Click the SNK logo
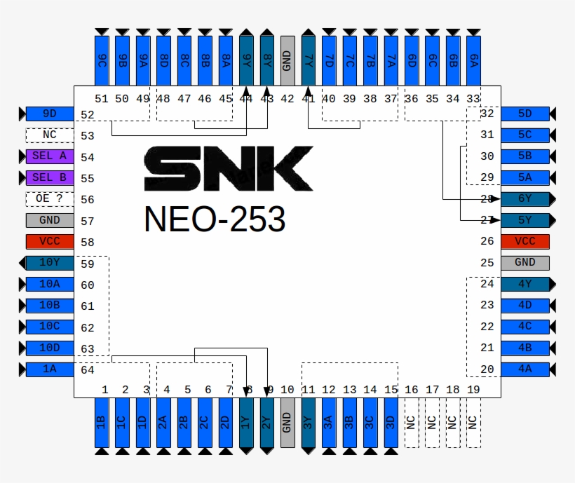(x=229, y=168)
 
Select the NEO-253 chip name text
(x=215, y=219)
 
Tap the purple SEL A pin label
(x=50, y=156)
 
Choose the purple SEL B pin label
(x=50, y=178)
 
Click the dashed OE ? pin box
(x=50, y=199)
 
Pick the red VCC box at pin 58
(x=50, y=242)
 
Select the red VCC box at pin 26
(x=525, y=242)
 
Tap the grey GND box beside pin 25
(x=525, y=263)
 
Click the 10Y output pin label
(x=50, y=264)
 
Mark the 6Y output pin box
(x=525, y=199)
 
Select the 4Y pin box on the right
(x=525, y=284)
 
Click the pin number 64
(x=87, y=370)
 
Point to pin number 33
(x=473, y=99)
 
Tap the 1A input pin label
(x=50, y=370)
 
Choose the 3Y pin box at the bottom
(x=308, y=422)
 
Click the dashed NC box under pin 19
(x=473, y=422)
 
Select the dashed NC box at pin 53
(x=50, y=135)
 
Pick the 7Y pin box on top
(x=308, y=60)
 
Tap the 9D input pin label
(x=50, y=114)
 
